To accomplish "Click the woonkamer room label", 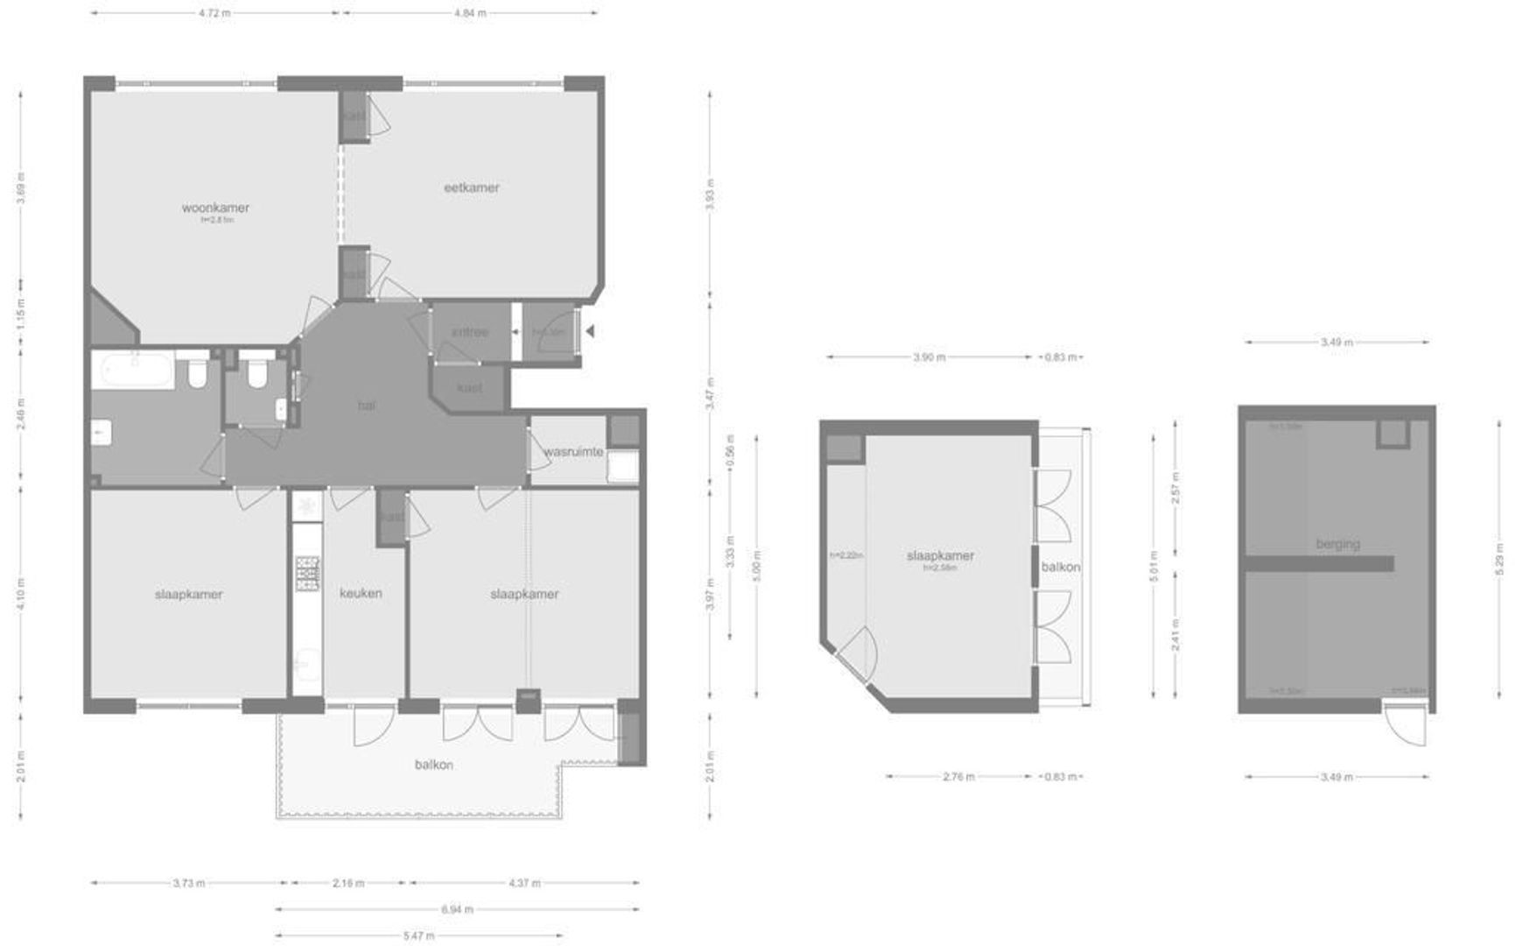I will click(215, 208).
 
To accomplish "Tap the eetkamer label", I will click(471, 187).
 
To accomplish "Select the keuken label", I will click(361, 593).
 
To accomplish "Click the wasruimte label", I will click(573, 452).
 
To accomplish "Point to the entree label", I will click(469, 332).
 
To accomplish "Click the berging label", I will click(1337, 544).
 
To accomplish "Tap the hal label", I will click(367, 406).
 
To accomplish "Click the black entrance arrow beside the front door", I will click(591, 331).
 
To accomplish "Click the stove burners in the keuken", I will click(307, 573).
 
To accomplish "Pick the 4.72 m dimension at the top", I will click(214, 13).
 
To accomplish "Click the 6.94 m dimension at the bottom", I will click(456, 909).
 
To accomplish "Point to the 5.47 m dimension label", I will click(418, 935).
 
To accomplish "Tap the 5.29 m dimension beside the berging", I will click(1499, 561).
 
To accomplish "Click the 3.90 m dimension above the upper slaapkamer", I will click(929, 357).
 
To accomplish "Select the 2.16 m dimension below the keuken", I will click(348, 883).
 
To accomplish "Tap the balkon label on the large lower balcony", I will click(433, 765).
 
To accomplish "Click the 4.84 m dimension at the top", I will click(470, 13).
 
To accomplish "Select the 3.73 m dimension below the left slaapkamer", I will click(189, 883).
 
